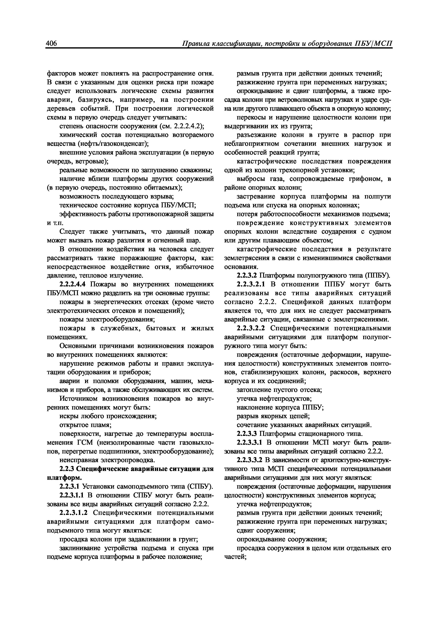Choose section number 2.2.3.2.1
pos(251,284)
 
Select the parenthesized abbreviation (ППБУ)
pos(377,275)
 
